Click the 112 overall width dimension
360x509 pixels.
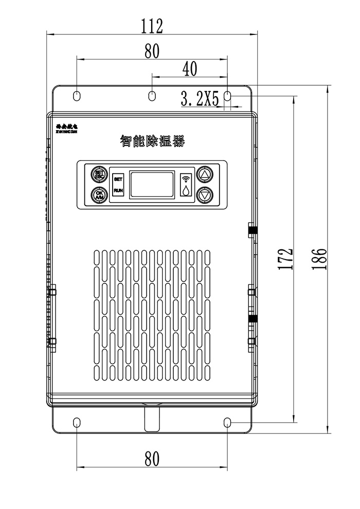152,25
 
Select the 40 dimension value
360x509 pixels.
190,69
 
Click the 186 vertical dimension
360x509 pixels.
319,260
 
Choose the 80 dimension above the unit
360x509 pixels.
152,50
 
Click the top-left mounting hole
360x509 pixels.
77,96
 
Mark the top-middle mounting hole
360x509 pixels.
152,96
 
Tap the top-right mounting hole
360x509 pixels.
228,96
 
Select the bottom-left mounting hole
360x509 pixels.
77,423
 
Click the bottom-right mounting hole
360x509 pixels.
228,423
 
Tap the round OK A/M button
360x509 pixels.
99,195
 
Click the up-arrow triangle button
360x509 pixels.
205,174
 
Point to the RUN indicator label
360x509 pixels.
118,191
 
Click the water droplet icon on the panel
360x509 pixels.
185,190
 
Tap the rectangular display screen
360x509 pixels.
152,185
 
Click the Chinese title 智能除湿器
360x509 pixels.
152,141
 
